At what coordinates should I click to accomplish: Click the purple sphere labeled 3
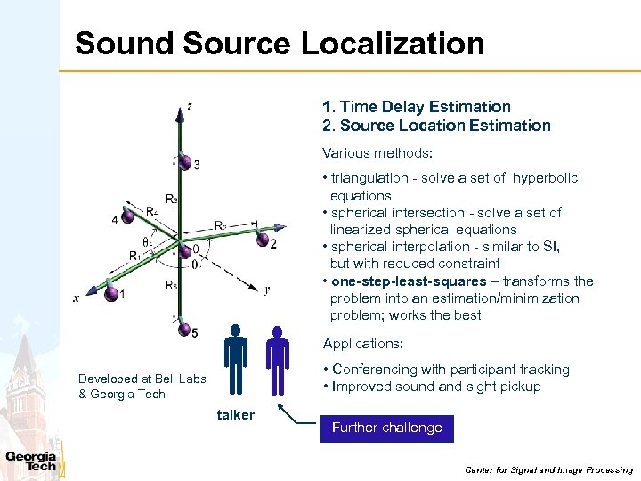pyautogui.click(x=184, y=162)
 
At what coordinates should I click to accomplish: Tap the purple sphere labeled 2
pyautogui.click(x=262, y=239)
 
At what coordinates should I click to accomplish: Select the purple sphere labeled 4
pyautogui.click(x=128, y=216)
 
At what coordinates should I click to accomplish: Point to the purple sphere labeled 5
pyautogui.click(x=182, y=327)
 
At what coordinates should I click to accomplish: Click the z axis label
pyautogui.click(x=191, y=107)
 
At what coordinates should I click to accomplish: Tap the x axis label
pyautogui.click(x=77, y=299)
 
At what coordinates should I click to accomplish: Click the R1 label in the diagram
pyautogui.click(x=134, y=257)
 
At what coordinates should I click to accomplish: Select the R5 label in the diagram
pyautogui.click(x=169, y=286)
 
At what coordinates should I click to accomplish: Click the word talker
pyautogui.click(x=236, y=414)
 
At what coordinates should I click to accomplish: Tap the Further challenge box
pyautogui.click(x=386, y=428)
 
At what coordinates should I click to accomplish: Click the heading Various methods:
pyautogui.click(x=377, y=153)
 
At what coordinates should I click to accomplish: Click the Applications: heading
pyautogui.click(x=362, y=344)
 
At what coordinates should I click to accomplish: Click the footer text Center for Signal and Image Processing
pyautogui.click(x=548, y=469)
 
